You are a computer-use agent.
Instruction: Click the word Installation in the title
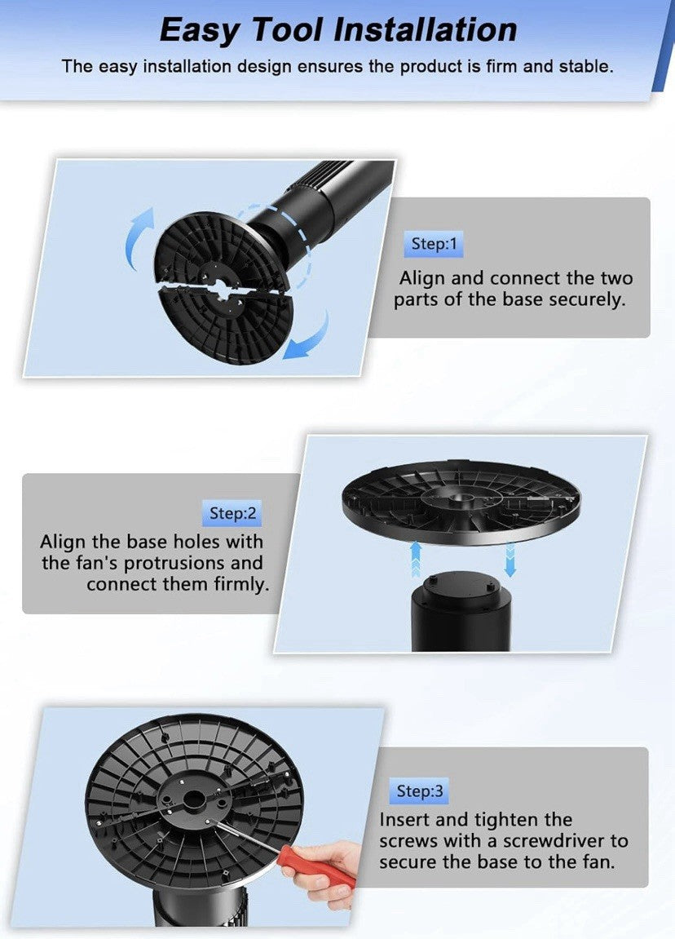coord(425,29)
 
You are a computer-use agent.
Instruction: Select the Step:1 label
coord(434,244)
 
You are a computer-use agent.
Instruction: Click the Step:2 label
coord(232,513)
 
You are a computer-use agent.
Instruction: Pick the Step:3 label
coord(420,791)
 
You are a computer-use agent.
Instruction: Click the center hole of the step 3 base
coord(192,798)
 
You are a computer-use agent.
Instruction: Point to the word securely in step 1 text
coord(587,300)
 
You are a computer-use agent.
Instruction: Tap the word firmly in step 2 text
coord(241,584)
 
